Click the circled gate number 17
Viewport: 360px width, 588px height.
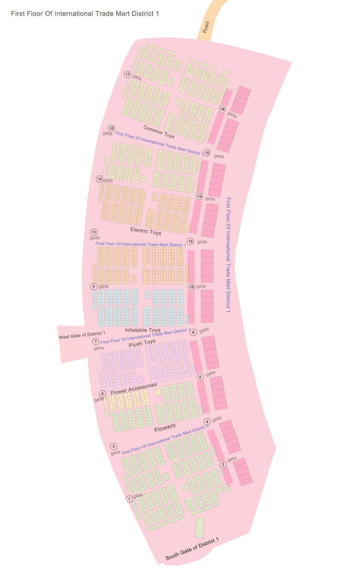point(127,74)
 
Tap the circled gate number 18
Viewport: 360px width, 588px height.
point(222,109)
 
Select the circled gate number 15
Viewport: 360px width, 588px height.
point(111,129)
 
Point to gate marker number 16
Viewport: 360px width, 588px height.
point(207,153)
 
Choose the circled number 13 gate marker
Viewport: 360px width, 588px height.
point(100,179)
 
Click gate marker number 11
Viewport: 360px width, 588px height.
point(94,232)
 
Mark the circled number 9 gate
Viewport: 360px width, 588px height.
point(94,286)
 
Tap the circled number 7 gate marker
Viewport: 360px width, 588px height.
point(96,341)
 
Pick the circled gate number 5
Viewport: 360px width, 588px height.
point(102,394)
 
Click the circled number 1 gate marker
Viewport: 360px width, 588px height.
point(129,499)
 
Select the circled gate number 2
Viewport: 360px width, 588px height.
point(223,464)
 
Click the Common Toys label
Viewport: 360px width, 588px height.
point(159,132)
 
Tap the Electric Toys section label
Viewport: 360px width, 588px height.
point(146,231)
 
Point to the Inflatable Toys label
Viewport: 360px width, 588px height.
point(143,330)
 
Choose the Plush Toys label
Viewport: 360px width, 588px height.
point(142,343)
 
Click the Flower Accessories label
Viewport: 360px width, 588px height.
point(134,389)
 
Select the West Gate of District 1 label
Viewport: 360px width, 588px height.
point(82,335)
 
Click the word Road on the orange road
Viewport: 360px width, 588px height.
point(206,27)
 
